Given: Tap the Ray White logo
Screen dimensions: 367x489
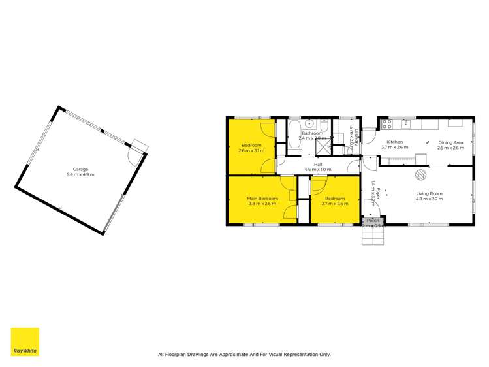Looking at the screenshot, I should click(25, 342).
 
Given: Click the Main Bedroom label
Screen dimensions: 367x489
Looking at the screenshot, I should click(262, 198).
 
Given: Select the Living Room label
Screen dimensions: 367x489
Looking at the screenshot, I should click(430, 193).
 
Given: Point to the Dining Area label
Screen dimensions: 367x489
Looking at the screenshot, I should click(450, 142).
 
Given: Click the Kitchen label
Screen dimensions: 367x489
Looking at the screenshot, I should click(394, 142).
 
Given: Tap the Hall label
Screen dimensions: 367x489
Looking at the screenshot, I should click(318, 165).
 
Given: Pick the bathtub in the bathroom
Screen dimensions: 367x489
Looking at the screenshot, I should click(292, 134).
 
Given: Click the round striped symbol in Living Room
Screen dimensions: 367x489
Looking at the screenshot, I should click(421, 174).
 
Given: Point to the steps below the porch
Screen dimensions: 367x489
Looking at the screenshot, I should click(373, 236).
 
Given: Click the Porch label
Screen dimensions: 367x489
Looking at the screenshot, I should click(373, 221).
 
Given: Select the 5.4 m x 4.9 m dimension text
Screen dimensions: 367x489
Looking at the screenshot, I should click(80, 174).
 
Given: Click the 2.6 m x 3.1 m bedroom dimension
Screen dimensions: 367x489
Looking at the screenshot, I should click(251, 151).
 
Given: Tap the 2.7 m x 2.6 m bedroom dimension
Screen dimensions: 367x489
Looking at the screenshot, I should click(334, 204).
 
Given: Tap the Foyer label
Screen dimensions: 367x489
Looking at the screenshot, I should click(378, 193).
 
